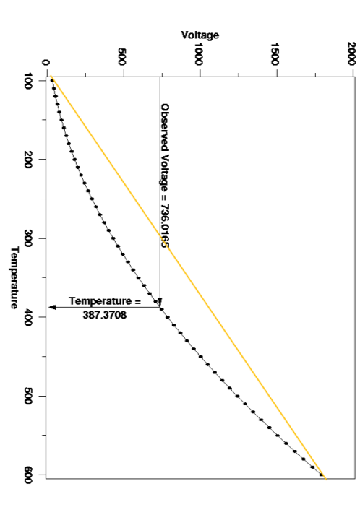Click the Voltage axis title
coord(200,35)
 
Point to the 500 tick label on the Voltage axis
coord(122,57)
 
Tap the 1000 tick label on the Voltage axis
coord(198,57)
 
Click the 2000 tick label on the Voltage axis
coord(351,57)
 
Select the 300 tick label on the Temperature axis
coord(35,238)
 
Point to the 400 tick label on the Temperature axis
coord(35,316)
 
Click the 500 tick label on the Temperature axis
coord(35,396)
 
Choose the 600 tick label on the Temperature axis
coord(35,474)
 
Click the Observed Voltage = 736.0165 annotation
coord(166,176)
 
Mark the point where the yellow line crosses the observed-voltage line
coord(160,217)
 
